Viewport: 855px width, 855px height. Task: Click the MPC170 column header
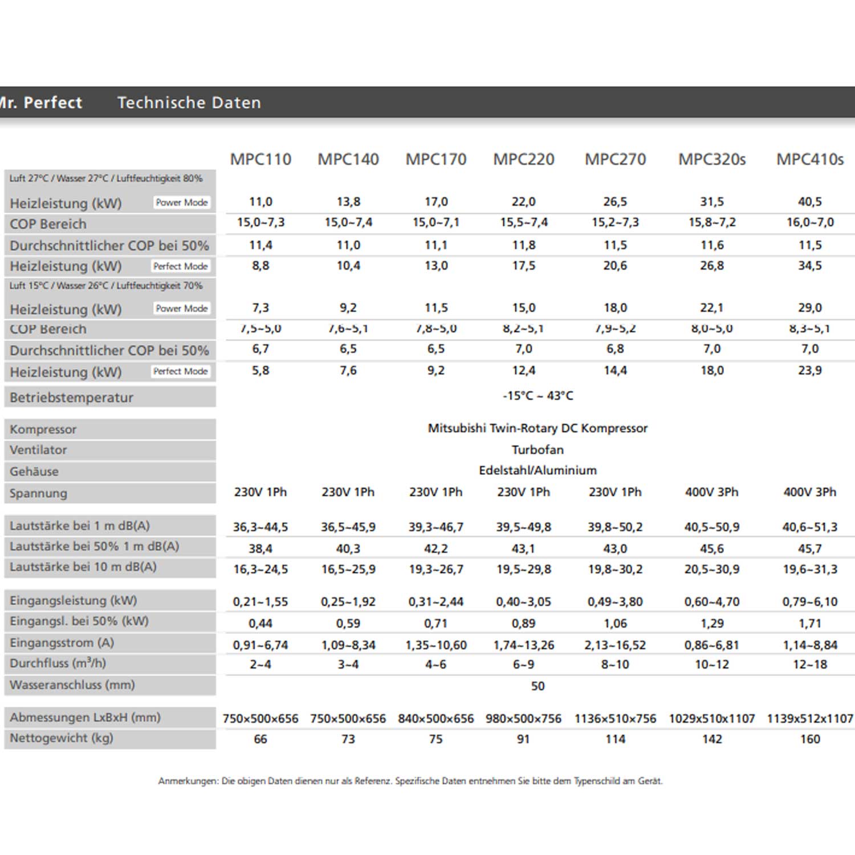click(436, 159)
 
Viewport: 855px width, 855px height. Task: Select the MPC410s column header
click(809, 159)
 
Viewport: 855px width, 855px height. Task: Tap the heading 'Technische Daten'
click(189, 103)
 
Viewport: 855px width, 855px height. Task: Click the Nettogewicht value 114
click(615, 739)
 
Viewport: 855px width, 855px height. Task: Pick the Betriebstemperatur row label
click(71, 397)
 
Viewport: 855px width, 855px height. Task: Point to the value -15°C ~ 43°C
click(538, 396)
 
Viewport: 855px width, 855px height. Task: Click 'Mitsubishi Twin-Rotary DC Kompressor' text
click(538, 428)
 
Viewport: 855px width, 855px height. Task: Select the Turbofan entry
click(538, 450)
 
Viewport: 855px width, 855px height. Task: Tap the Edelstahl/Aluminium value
click(538, 470)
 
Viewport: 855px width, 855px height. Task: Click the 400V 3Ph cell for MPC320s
click(711, 492)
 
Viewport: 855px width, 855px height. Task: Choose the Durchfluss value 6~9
click(523, 664)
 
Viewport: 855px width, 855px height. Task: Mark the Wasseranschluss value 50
click(538, 686)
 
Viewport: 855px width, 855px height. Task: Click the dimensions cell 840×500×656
click(436, 719)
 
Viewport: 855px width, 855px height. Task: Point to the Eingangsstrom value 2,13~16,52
click(615, 645)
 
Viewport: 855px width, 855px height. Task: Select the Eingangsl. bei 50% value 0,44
click(260, 624)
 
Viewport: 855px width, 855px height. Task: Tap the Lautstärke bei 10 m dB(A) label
click(83, 567)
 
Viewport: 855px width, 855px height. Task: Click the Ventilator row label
click(38, 450)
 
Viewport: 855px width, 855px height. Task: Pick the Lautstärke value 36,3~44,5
click(260, 527)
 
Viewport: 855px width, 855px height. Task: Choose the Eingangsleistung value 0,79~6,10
click(809, 602)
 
